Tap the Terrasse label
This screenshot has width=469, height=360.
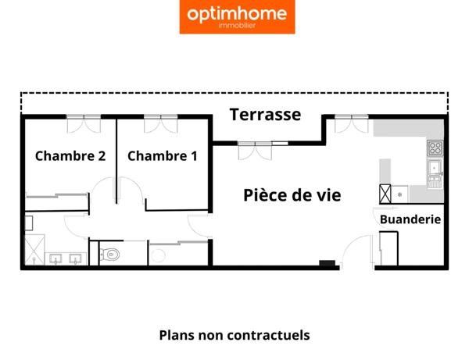pyautogui.click(x=265, y=115)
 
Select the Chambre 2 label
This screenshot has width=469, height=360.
pyautogui.click(x=70, y=156)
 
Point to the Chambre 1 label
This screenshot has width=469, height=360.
pyautogui.click(x=163, y=156)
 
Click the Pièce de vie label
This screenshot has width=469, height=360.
pyautogui.click(x=292, y=195)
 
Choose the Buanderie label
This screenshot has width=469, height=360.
pyautogui.click(x=410, y=219)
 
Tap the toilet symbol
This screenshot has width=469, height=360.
pyautogui.click(x=110, y=254)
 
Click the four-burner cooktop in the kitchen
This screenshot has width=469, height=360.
pyautogui.click(x=435, y=148)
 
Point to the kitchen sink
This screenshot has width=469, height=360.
pyautogui.click(x=434, y=167)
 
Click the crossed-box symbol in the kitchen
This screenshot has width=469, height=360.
pyautogui.click(x=385, y=193)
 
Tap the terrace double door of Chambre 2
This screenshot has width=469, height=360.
pyautogui.click(x=84, y=122)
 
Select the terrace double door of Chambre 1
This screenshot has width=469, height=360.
pyautogui.click(x=162, y=122)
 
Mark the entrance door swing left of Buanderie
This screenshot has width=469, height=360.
pyautogui.click(x=353, y=251)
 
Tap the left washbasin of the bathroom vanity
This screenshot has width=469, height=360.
pyautogui.click(x=56, y=258)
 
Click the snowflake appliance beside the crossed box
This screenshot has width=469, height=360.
pyautogui.click(x=399, y=192)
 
